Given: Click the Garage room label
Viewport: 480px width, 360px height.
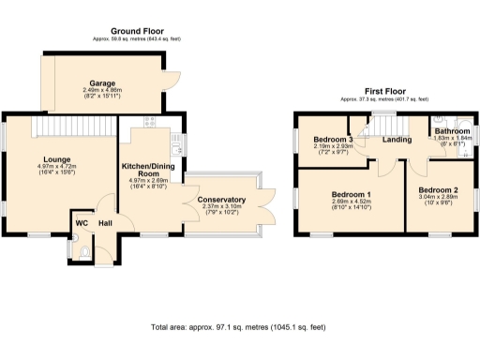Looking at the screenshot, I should point(102,82).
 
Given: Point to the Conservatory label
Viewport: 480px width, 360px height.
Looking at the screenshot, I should point(221,200).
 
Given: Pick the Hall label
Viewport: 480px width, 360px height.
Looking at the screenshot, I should point(106,223).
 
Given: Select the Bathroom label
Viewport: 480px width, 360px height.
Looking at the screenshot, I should point(451,131).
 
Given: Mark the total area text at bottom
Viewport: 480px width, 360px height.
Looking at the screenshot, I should point(239,328).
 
